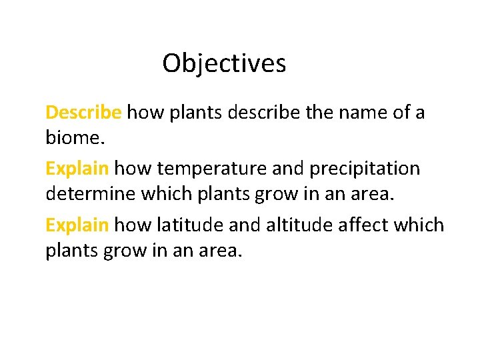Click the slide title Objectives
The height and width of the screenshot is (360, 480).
224,64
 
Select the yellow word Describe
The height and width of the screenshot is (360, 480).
83,112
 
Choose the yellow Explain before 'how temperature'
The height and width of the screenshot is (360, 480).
77,169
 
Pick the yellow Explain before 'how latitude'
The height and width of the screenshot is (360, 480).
77,225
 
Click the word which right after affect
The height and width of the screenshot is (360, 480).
419,225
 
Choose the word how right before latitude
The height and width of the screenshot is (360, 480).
134,225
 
